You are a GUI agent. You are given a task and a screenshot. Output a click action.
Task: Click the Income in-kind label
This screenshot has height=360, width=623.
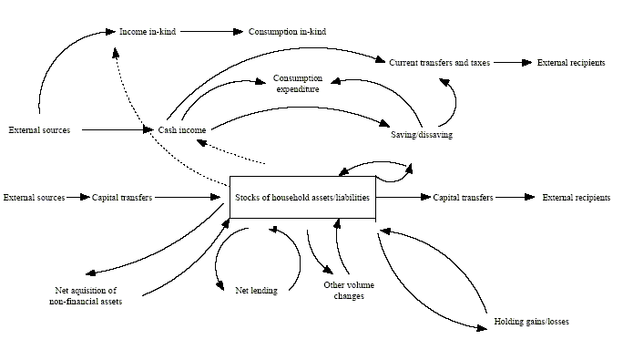click(148, 32)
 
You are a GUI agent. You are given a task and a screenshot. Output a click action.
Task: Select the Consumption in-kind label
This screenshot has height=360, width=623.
click(287, 32)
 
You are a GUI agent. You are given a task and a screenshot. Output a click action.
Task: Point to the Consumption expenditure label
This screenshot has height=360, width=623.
click(297, 84)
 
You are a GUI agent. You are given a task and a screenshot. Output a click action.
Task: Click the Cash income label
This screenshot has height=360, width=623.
click(182, 130)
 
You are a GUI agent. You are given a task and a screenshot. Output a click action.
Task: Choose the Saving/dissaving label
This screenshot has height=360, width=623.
click(421, 135)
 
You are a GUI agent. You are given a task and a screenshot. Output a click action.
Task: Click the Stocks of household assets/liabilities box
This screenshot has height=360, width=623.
click(301, 197)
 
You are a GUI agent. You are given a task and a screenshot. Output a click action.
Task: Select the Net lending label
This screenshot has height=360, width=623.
click(256, 290)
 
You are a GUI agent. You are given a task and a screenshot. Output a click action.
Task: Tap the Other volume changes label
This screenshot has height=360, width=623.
click(343, 290)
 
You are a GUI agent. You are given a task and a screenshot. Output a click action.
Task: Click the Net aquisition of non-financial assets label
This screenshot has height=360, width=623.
click(87, 295)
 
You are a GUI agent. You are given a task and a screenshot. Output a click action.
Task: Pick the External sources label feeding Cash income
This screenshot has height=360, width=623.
click(39, 130)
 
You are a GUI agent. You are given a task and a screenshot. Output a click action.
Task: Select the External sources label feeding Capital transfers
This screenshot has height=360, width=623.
click(34, 197)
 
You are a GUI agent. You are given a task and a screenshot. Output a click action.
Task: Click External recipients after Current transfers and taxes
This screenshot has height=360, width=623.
click(570, 63)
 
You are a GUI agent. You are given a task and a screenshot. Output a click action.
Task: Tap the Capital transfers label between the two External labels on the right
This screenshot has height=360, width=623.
click(463, 197)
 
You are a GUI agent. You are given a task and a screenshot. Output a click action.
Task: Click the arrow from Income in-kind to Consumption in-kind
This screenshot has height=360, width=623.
click(212, 32)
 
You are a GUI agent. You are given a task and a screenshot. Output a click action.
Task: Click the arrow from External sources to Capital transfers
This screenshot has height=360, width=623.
click(77, 197)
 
